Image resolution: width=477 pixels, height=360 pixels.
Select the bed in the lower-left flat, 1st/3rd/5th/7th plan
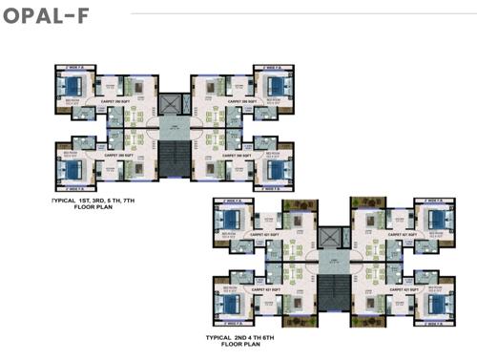pos(73,170)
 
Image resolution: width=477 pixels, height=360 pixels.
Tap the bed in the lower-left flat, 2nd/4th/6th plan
pos(233,304)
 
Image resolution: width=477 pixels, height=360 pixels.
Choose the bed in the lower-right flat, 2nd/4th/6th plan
pos(434,304)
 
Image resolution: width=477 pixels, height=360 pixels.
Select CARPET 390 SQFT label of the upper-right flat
pos(234,100)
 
